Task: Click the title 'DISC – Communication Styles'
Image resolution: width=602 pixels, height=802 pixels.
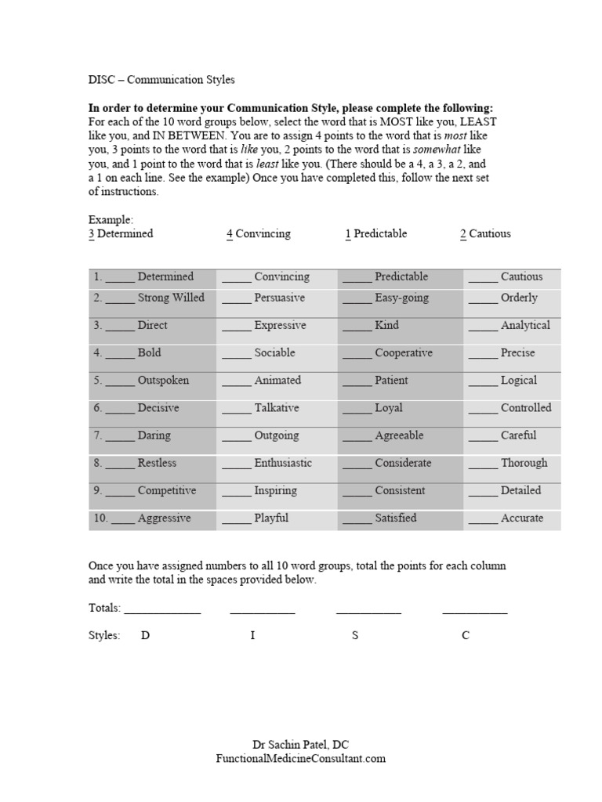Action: (x=161, y=80)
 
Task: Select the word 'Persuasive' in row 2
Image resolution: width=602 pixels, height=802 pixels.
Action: (x=279, y=298)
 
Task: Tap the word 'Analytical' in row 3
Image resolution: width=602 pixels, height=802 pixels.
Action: (x=525, y=325)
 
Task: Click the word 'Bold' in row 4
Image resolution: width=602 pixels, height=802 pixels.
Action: (x=149, y=352)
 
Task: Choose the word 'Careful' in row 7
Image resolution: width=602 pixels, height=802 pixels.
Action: (x=518, y=435)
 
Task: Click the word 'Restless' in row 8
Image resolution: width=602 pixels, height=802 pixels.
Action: (x=157, y=463)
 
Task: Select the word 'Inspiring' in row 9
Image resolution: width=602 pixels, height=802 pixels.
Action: (x=275, y=490)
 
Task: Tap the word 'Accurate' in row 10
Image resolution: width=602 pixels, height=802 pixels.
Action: (x=521, y=518)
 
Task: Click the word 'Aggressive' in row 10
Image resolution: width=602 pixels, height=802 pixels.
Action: (x=164, y=518)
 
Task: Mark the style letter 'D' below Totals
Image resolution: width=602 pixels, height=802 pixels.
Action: (x=145, y=635)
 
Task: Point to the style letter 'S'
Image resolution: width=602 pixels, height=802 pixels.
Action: (x=355, y=635)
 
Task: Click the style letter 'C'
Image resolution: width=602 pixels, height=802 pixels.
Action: (x=466, y=635)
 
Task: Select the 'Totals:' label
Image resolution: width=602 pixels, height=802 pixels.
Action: (x=104, y=608)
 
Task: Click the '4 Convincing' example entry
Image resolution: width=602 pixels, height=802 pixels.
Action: (x=258, y=233)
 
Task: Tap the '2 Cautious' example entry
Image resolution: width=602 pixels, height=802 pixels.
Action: (x=485, y=233)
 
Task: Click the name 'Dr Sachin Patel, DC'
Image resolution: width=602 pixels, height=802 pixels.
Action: (x=301, y=744)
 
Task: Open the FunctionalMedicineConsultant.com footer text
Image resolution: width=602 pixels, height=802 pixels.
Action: (x=301, y=758)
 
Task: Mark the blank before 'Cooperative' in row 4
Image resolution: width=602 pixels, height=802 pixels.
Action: (x=357, y=354)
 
